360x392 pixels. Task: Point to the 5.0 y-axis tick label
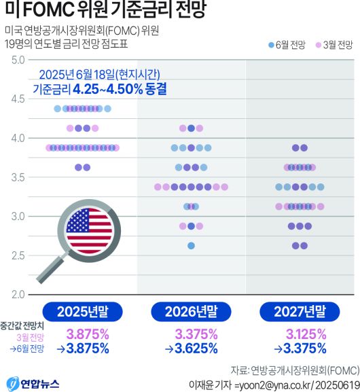pos(18,61)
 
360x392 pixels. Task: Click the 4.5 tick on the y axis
pos(18,99)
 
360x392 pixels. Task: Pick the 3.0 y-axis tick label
pos(18,216)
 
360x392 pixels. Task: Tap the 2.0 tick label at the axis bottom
pos(18,294)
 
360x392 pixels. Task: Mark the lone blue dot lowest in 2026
pos(192,245)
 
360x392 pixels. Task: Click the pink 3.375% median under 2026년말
pos(196,334)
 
